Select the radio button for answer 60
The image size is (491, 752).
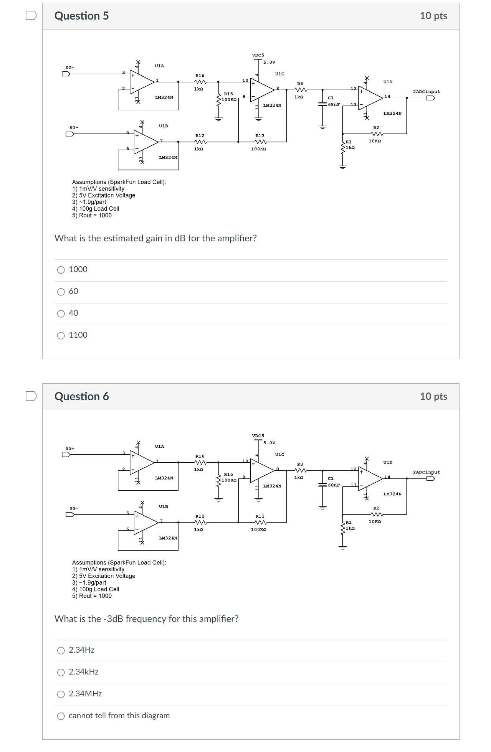click(61, 292)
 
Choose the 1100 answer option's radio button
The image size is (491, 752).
click(61, 336)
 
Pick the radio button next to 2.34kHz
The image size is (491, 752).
click(61, 672)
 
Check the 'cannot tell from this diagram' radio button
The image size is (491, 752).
click(61, 716)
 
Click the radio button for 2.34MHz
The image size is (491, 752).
click(61, 694)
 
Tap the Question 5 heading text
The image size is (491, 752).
click(81, 16)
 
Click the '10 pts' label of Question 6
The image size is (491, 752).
click(433, 396)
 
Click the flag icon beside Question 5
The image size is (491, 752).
click(31, 15)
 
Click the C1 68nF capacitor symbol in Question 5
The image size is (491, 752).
click(322, 104)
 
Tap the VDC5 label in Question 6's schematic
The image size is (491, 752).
click(258, 436)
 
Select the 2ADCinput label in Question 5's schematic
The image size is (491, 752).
click(426, 92)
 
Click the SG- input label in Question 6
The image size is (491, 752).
click(74, 508)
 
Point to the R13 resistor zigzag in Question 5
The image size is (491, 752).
click(260, 142)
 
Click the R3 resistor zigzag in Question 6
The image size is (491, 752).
click(300, 470)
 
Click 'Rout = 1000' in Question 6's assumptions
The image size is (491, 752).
click(95, 596)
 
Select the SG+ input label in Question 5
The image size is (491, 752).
click(70, 68)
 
